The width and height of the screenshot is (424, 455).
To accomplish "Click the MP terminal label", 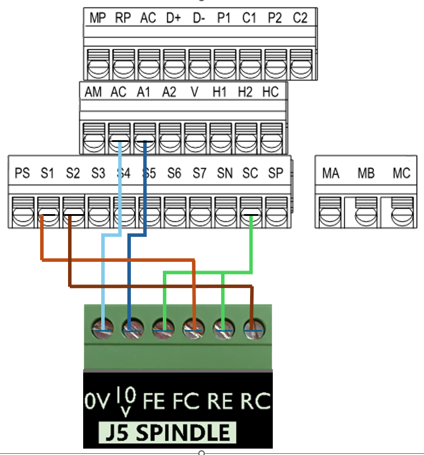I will [x=97, y=18].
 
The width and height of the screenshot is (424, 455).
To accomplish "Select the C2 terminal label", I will [x=300, y=18].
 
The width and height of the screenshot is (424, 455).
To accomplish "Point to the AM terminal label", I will [x=93, y=92].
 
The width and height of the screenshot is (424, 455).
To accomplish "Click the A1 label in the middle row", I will [x=144, y=92].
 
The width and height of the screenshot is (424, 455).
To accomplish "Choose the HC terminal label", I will [x=270, y=92].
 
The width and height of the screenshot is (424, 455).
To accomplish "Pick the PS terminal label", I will [x=22, y=173].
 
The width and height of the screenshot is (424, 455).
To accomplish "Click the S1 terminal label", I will [x=47, y=173].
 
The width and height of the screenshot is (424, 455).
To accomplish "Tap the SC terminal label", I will [x=250, y=173].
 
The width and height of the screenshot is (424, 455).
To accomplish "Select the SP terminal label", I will [x=275, y=173].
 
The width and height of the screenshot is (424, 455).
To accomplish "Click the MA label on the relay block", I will [x=331, y=173].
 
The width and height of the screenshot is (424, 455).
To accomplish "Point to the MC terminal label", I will [x=401, y=173].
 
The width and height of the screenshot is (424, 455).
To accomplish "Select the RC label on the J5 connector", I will [x=256, y=401].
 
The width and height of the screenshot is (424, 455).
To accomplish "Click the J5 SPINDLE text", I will [x=168, y=433].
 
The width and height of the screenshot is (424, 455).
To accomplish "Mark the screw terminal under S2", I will [x=73, y=213].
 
